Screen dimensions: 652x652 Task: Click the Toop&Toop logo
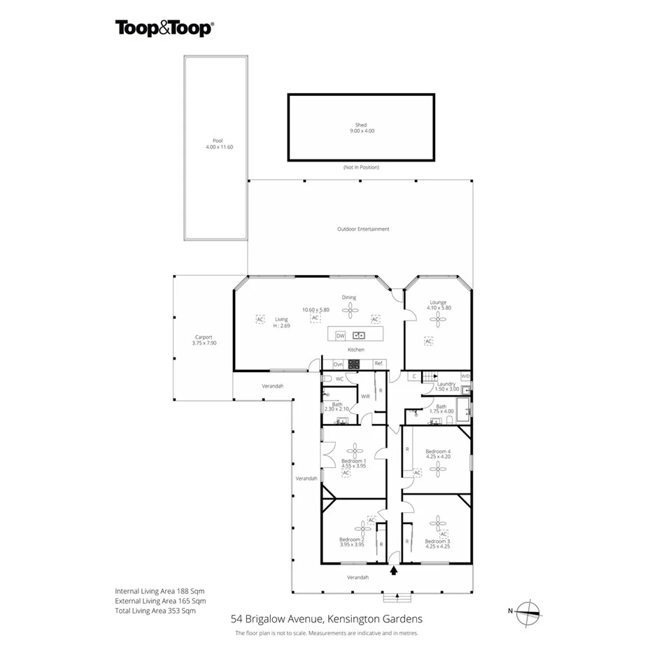[164, 28]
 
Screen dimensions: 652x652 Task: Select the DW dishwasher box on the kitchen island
[341, 335]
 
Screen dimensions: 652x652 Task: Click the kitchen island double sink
[360, 335]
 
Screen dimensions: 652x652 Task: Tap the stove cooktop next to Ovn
[354, 364]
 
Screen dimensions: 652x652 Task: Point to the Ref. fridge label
[378, 363]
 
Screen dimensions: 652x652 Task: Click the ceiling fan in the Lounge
[438, 319]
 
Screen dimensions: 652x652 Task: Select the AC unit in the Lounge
[429, 341]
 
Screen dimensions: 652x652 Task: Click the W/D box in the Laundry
[466, 377]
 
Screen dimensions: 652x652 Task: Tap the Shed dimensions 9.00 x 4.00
[360, 131]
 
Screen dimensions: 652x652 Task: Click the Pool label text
[218, 141]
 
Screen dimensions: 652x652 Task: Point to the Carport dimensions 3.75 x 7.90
[204, 343]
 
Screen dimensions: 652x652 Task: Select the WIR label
[365, 396]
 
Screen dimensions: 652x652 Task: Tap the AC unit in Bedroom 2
[371, 519]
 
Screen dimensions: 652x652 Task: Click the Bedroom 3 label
[437, 541]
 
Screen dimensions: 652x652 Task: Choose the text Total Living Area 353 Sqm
[155, 611]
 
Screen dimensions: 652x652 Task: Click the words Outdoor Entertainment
[362, 229]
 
